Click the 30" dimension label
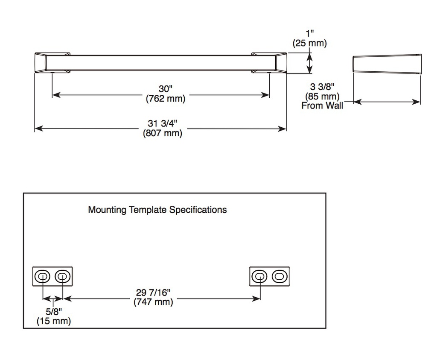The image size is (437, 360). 166,89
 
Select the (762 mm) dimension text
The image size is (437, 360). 166,99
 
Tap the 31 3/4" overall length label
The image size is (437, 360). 163,123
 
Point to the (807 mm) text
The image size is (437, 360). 163,133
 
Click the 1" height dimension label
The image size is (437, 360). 310,33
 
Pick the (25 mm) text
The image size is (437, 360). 310,43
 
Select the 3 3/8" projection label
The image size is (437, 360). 322,87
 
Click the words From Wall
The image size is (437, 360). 322,105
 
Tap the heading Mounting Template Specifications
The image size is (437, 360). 157,210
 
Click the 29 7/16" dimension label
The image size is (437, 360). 153,293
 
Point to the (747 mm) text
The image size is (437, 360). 153,302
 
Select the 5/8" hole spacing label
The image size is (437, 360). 54,311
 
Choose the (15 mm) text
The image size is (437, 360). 54,321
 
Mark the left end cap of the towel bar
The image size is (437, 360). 52,63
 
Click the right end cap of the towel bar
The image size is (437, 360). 269,63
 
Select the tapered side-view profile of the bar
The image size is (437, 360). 387,64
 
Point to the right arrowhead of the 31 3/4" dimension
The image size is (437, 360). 283,129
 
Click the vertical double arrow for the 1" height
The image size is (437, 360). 310,63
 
